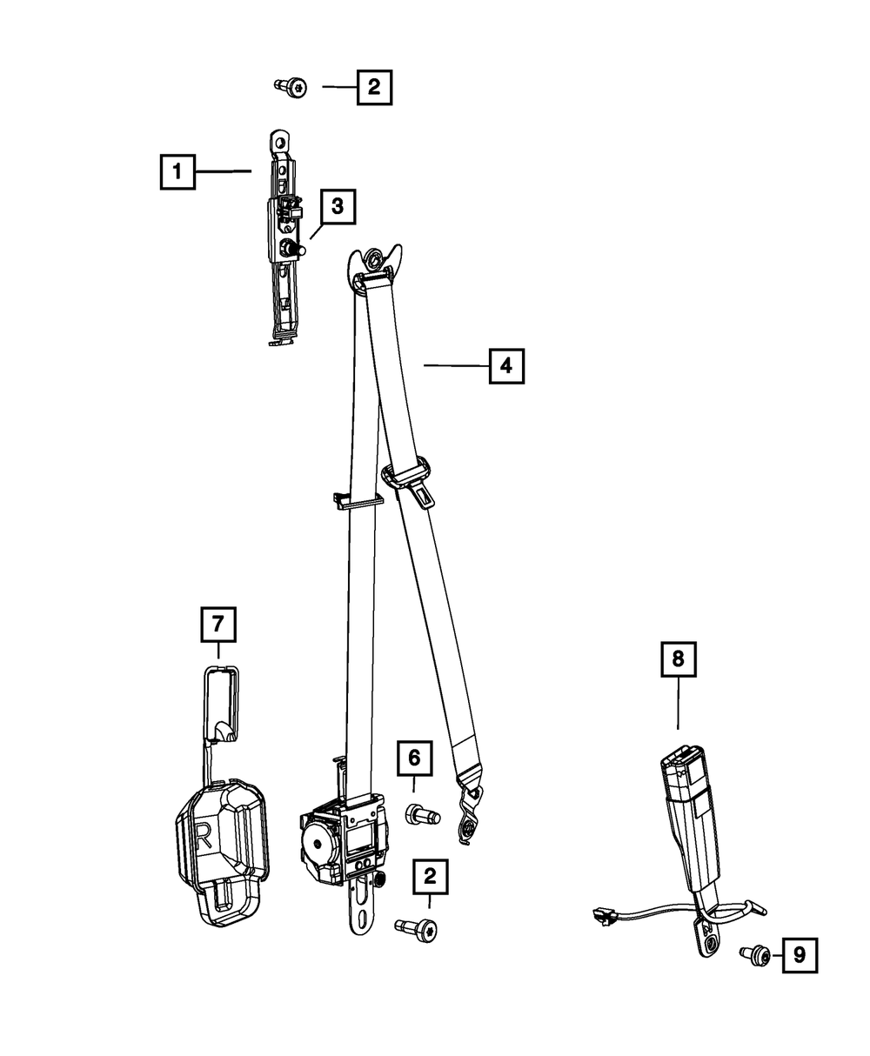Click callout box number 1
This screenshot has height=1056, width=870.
pos(177,171)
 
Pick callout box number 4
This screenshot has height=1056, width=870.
pos(506,366)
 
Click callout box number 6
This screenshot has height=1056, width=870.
pos(414,759)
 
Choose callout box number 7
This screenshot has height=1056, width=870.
pos(217,624)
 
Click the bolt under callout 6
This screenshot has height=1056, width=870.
pos(423,815)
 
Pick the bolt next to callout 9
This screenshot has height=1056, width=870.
pos(756,956)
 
